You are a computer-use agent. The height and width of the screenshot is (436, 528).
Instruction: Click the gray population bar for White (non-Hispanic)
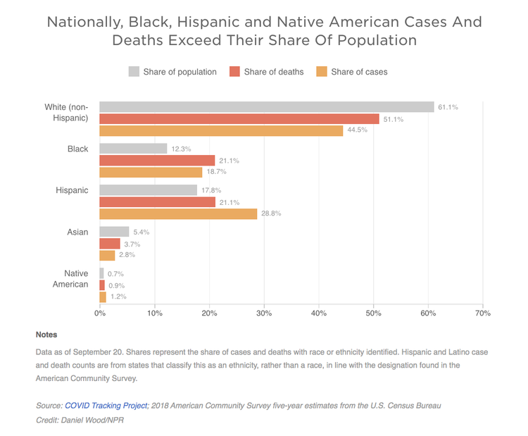click(x=266, y=107)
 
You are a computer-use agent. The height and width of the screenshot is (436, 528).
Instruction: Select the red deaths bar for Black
click(x=157, y=161)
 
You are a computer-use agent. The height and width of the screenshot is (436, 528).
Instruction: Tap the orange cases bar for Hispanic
click(x=178, y=213)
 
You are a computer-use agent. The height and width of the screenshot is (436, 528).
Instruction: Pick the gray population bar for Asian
click(x=114, y=232)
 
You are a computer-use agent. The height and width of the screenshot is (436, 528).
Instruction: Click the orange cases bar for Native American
click(x=103, y=297)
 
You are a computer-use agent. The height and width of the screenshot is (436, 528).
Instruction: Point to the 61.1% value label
click(x=448, y=108)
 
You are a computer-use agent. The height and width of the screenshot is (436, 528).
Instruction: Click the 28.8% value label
click(x=271, y=213)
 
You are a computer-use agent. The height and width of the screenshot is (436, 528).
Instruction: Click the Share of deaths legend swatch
click(x=234, y=71)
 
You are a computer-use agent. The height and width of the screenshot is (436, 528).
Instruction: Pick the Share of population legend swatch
click(x=134, y=71)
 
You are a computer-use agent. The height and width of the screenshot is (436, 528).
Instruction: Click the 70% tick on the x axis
click(x=482, y=313)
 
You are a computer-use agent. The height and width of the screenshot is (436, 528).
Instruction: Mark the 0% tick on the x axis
click(x=100, y=313)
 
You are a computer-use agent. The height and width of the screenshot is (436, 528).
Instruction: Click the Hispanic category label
click(x=72, y=190)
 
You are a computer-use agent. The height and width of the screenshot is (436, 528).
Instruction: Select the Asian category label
click(x=77, y=232)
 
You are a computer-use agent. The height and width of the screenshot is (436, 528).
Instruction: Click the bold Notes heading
click(x=46, y=335)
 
